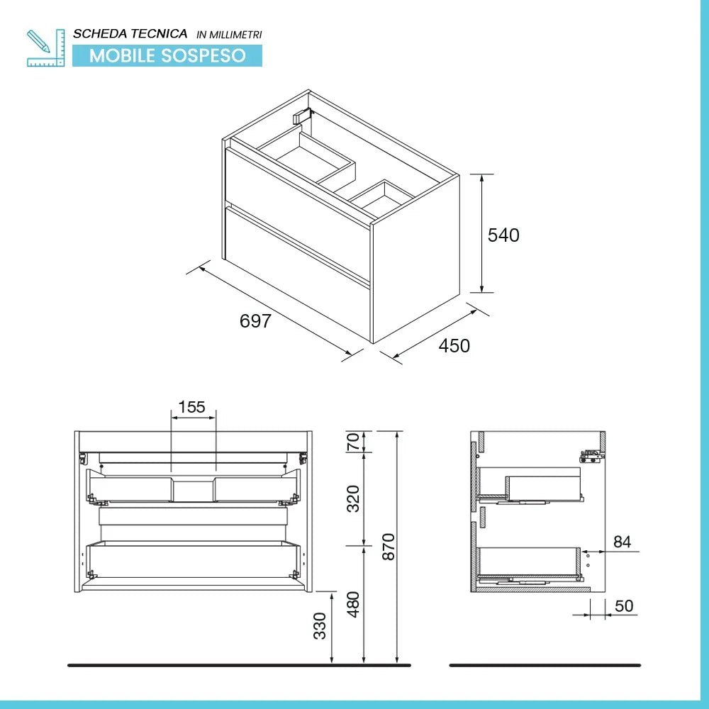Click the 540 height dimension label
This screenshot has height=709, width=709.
[503, 235]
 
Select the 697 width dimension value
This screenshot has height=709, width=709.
[255, 321]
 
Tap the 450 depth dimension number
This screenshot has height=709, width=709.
[454, 346]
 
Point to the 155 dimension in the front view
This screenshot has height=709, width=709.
[191, 407]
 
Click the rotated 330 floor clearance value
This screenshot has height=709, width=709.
[320, 627]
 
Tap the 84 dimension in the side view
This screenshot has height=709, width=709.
[622, 542]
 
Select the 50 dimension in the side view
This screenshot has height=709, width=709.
[625, 607]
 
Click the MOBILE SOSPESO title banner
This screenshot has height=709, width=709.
[167, 55]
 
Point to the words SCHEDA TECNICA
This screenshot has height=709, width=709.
[130, 33]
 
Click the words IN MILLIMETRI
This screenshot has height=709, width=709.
[229, 34]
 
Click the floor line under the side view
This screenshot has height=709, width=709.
[545, 665]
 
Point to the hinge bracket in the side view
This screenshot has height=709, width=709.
[591, 456]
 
